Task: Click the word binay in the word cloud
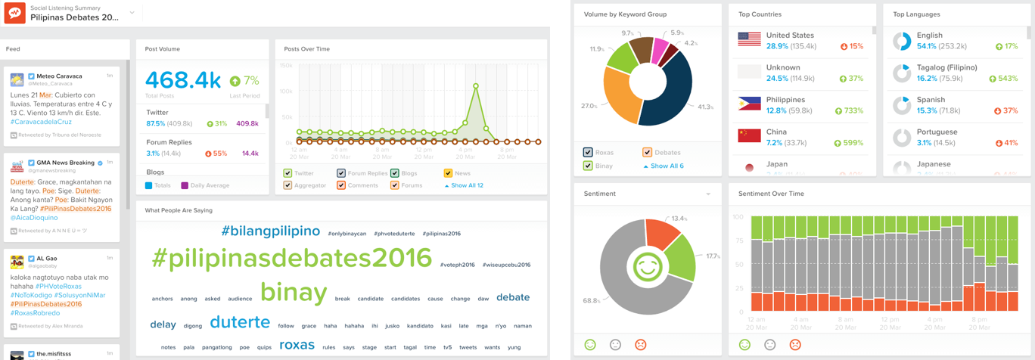click(x=294, y=293)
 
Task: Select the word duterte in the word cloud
click(x=240, y=322)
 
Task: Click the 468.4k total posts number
click(x=183, y=80)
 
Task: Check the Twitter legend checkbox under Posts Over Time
click(x=287, y=173)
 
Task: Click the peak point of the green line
click(x=476, y=85)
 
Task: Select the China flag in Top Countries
click(x=749, y=136)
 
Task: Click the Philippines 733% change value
click(x=853, y=110)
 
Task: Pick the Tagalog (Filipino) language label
click(x=936, y=67)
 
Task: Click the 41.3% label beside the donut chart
click(x=705, y=107)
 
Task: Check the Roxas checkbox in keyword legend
click(x=588, y=152)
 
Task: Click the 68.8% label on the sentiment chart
click(x=592, y=300)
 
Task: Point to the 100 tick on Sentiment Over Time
click(x=738, y=217)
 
